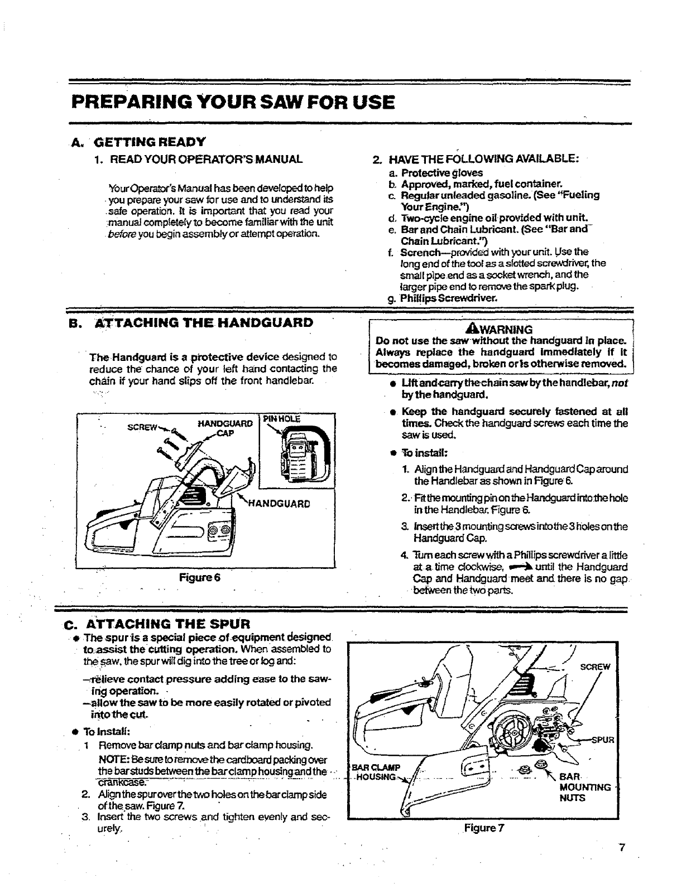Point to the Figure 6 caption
(200, 577)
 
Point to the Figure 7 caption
(484, 828)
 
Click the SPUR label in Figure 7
(602, 741)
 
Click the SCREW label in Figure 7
(596, 667)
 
